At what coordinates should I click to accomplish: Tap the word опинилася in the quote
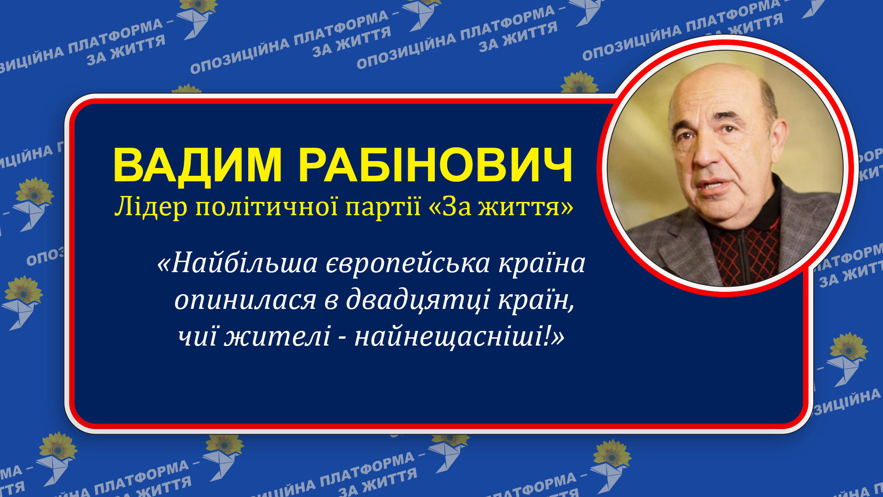(245, 301)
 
